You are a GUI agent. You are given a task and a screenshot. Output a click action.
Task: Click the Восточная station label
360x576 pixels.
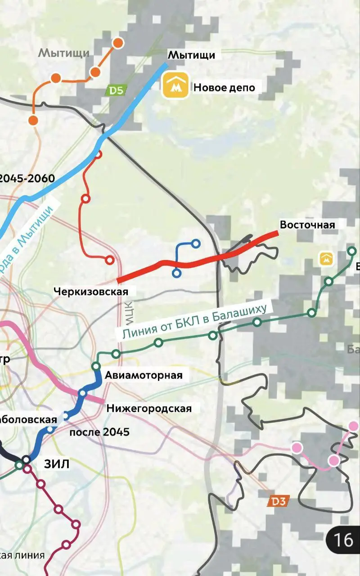point(307,224)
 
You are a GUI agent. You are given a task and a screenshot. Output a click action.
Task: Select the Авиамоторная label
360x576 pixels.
point(144,375)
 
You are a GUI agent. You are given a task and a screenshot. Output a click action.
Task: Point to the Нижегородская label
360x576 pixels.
point(149,408)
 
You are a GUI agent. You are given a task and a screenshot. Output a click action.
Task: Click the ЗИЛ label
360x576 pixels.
point(57,464)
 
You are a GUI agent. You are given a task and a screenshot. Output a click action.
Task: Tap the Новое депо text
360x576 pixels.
point(224,87)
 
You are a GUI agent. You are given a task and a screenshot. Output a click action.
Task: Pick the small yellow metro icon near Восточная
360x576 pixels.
point(326,258)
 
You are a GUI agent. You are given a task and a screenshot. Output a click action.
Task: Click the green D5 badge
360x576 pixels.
point(116,90)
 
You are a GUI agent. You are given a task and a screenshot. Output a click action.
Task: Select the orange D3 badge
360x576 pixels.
point(278,500)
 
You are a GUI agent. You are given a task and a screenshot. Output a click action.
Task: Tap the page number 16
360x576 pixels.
point(343,540)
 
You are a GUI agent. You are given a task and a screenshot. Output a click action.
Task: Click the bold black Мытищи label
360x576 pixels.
point(191,55)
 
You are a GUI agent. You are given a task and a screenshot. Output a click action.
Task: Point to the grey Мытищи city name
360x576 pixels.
point(63,53)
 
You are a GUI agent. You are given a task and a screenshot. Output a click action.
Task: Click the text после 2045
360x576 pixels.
point(99,432)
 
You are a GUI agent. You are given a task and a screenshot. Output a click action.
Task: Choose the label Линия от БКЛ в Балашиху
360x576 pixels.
point(194,320)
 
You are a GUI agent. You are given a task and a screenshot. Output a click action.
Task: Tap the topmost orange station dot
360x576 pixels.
point(118,43)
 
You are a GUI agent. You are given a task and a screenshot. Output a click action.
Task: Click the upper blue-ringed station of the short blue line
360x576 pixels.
point(196,243)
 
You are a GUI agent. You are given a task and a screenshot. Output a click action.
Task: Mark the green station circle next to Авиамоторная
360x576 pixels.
point(96,366)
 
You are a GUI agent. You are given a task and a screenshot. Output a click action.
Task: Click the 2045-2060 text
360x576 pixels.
point(27,179)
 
